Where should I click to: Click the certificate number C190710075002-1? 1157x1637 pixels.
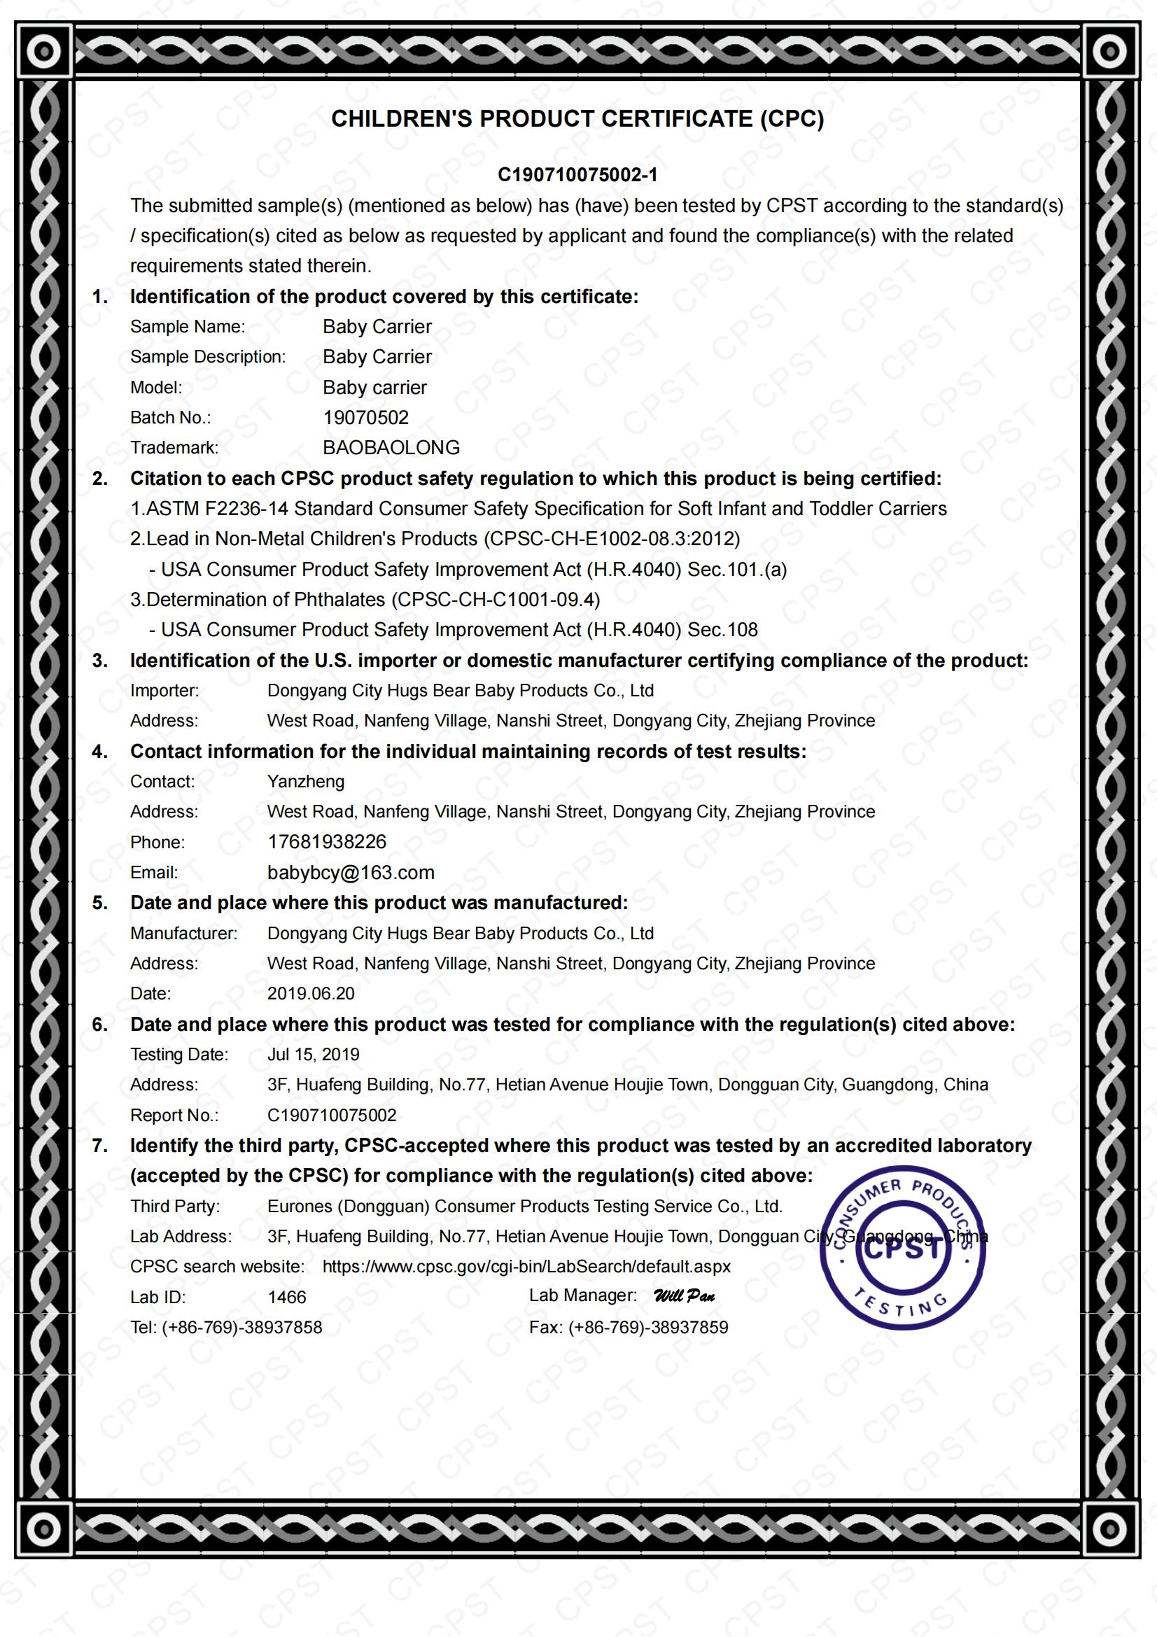pos(577,175)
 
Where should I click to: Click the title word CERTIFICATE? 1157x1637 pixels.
pos(677,118)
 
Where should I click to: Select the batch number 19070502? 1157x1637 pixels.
pos(365,418)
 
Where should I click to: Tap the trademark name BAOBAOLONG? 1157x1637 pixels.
pos(391,448)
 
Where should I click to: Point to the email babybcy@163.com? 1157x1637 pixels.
pos(351,873)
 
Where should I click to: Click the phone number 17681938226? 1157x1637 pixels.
pos(326,842)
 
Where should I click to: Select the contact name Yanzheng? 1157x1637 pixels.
pos(306,782)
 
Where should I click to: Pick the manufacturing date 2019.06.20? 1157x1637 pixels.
pos(311,994)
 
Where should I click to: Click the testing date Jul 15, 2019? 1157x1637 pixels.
pos(314,1055)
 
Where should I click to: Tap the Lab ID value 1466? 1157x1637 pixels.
pos(286,1297)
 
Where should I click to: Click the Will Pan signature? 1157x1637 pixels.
pos(685,1296)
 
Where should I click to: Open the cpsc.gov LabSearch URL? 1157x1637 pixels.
pos(527,1266)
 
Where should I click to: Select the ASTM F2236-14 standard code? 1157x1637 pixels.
pos(217,509)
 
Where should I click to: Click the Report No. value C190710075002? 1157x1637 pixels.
pos(332,1115)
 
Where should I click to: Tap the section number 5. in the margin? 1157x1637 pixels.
pos(100,903)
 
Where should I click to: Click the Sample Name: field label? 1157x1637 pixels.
pos(188,327)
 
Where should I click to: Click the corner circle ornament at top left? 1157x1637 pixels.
pos(44,51)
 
